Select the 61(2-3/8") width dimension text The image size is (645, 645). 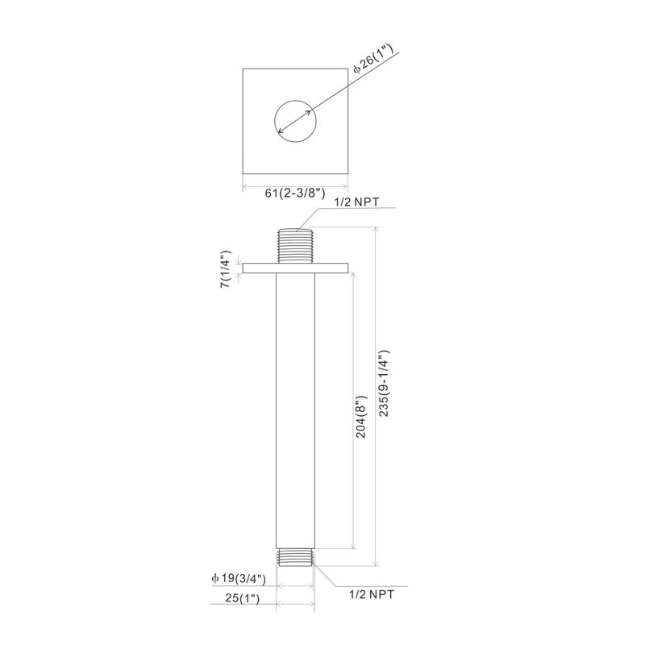(x=295, y=193)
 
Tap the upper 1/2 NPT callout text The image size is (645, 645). (x=357, y=202)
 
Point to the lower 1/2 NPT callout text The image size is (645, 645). (x=372, y=594)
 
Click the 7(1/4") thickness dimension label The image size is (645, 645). (x=227, y=268)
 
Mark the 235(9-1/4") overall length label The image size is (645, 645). (x=384, y=384)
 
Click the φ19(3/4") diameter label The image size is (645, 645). (x=239, y=578)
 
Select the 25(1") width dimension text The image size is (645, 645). (x=243, y=598)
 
